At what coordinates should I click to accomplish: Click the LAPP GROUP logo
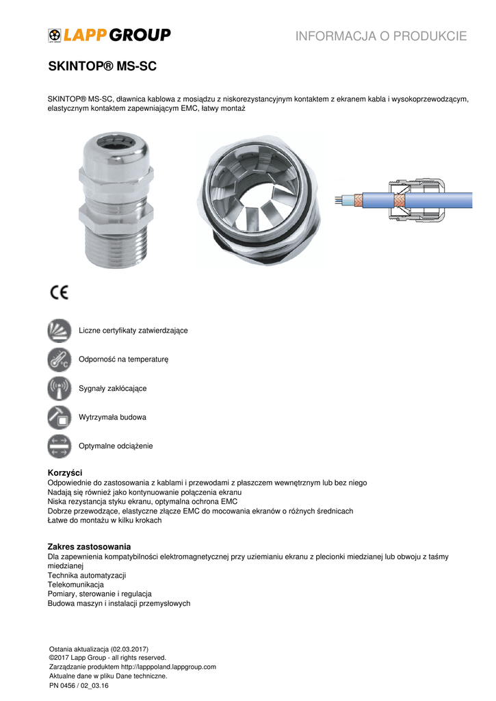[109, 35]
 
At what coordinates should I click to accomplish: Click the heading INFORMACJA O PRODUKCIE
[381, 36]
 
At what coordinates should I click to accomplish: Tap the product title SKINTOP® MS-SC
[103, 67]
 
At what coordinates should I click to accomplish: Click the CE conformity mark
[60, 292]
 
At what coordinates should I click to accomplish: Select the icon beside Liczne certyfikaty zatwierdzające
[59, 331]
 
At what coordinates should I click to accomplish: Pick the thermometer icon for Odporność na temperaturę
[59, 359]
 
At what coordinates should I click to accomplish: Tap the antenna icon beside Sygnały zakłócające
[59, 388]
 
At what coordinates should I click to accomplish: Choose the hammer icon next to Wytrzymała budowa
[59, 417]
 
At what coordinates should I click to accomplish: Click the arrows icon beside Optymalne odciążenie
[59, 446]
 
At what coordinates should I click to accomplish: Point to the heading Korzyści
[65, 473]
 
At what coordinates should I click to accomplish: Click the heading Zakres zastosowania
[89, 546]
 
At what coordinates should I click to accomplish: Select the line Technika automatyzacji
[87, 576]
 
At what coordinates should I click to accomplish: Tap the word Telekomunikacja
[75, 585]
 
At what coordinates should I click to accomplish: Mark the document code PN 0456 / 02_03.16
[79, 685]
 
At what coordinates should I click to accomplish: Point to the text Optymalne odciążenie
[116, 446]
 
